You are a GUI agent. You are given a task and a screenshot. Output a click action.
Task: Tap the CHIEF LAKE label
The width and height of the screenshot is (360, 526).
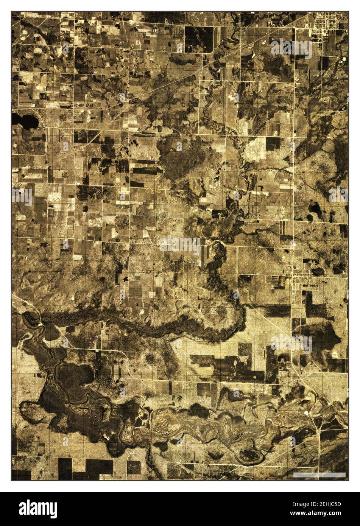pyautogui.click(x=84, y=105)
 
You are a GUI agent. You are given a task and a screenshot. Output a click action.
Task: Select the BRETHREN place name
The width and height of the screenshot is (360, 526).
pyautogui.click(x=311, y=286)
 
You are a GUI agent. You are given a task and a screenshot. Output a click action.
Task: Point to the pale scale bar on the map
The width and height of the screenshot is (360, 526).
pyautogui.click(x=320, y=475)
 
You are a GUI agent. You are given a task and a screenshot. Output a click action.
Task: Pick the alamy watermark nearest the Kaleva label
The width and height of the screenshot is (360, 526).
pyautogui.click(x=291, y=48)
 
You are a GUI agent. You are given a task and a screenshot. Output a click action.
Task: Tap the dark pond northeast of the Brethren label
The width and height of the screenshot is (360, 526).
pyautogui.click(x=317, y=272)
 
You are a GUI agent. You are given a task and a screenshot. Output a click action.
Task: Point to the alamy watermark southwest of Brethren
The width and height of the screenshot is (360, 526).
pyautogui.click(x=291, y=344)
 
